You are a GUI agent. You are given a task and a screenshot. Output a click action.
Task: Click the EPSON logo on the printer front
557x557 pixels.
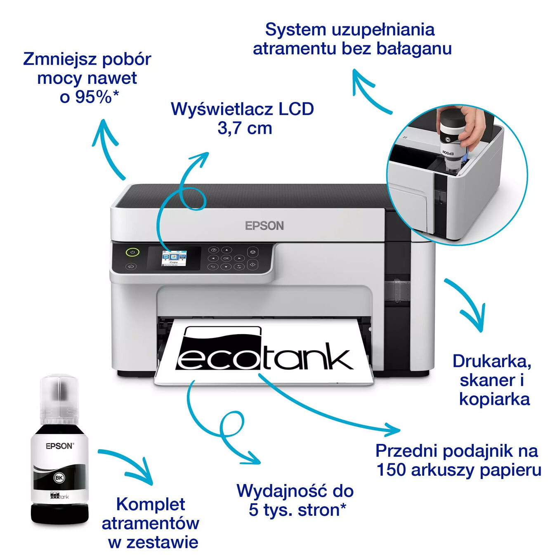pos(264,226)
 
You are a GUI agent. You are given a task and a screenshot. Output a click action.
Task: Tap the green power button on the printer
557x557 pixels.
pos(132,252)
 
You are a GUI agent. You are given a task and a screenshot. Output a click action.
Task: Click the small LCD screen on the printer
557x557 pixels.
pos(174,258)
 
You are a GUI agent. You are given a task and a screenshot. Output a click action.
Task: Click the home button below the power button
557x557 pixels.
pos(131,267)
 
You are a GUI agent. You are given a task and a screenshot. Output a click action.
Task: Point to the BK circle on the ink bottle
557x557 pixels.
pos(59,478)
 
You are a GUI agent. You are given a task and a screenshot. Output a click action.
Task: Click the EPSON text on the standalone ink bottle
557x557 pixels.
pos(59,446)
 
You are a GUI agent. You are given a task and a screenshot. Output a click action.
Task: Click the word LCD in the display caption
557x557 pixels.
pos(296,109)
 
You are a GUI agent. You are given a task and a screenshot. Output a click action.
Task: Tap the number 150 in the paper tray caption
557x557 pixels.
pos(391,470)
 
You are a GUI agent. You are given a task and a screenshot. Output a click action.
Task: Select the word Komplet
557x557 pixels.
pos(151,504)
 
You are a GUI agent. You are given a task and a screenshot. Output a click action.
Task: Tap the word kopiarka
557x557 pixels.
pos(494,399)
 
